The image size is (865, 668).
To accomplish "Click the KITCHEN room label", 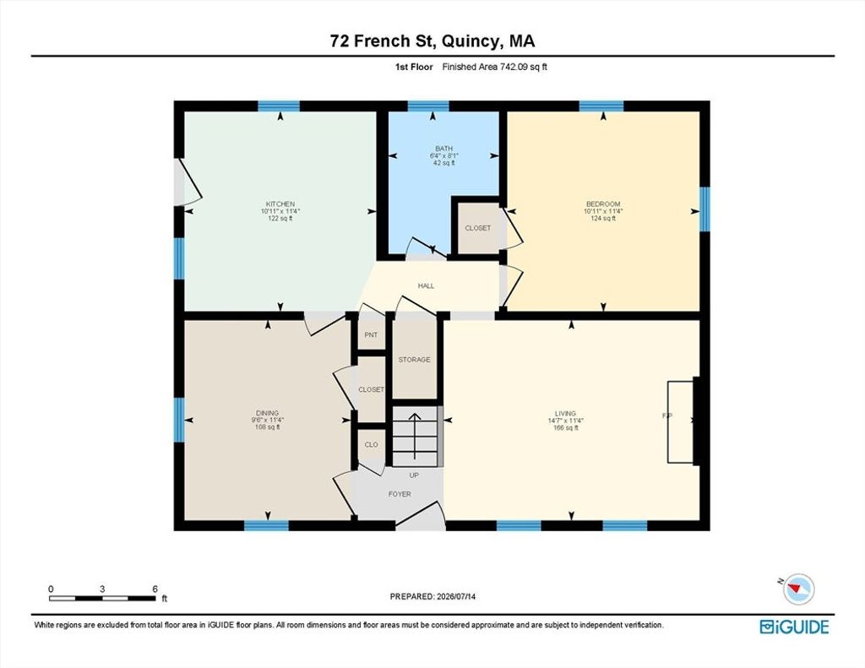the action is click(x=280, y=204).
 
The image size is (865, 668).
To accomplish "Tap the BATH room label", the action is click(x=444, y=149).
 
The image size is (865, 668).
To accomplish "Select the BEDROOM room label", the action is click(x=603, y=204).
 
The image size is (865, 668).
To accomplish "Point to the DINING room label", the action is click(x=268, y=413).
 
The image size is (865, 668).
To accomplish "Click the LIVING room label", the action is click(x=565, y=413).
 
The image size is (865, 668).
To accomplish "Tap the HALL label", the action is click(x=426, y=285).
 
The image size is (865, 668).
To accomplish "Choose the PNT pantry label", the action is click(x=372, y=334).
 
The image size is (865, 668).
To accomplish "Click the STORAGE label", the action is click(x=414, y=360).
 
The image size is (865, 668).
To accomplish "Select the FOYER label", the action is click(x=400, y=494).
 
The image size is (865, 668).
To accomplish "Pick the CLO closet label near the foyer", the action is click(x=372, y=444).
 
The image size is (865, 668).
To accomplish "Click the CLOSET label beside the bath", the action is click(x=478, y=228).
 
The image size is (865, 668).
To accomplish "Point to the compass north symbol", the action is click(x=798, y=588).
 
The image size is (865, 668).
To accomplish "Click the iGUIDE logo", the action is click(x=794, y=627).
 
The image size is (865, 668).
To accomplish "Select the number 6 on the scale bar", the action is click(x=155, y=589).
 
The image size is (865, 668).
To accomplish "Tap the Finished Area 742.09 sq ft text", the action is click(x=495, y=67).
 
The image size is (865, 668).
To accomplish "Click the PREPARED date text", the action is click(x=432, y=596).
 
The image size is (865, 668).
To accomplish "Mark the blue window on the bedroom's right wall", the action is click(x=705, y=209).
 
